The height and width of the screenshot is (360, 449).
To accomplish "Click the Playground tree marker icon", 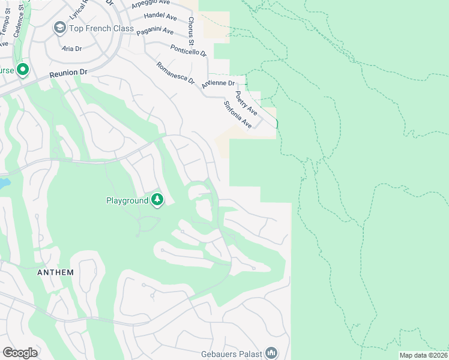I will [x=157, y=199].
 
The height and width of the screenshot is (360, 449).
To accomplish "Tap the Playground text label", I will [x=127, y=200].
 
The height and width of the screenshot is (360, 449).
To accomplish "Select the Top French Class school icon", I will [x=59, y=28].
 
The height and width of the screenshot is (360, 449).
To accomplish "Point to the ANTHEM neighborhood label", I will [x=55, y=272].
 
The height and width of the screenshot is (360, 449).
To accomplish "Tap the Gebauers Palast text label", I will [x=232, y=353].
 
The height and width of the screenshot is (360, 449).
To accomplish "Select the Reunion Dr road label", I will [x=68, y=73].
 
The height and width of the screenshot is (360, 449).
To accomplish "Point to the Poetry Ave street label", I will [x=247, y=103].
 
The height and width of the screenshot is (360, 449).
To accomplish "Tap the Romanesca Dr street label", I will [x=175, y=73].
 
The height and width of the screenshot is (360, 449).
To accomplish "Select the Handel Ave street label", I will [x=159, y=14].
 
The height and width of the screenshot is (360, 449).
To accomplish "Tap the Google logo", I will [x=20, y=353].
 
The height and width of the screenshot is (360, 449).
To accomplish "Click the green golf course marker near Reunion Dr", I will [x=23, y=70].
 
